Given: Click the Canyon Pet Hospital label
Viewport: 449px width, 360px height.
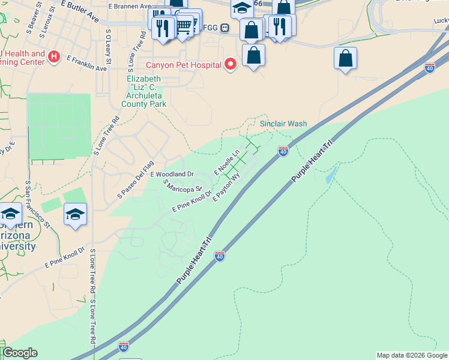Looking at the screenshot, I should tap(184, 64).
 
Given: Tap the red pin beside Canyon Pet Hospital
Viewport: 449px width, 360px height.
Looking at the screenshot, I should tap(230, 64).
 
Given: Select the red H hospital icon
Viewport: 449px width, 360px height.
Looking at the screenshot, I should tap(54, 57).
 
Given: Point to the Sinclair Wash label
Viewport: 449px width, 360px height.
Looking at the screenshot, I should tap(283, 124).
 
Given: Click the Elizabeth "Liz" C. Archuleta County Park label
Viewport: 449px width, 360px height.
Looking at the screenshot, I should tap(144, 91).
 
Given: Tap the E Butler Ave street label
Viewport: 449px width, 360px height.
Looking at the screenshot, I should tap(80, 11).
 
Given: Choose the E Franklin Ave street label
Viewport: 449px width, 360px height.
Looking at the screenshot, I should tap(86, 64).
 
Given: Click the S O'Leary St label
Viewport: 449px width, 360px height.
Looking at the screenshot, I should tap(108, 46).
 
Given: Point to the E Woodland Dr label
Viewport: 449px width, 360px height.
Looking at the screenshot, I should tap(172, 174).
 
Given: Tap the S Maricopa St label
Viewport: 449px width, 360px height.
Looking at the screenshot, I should tap(184, 187).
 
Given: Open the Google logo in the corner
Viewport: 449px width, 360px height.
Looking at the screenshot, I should tap(20, 353).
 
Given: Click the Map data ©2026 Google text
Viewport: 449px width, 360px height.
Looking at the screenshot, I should tap(412, 355).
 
